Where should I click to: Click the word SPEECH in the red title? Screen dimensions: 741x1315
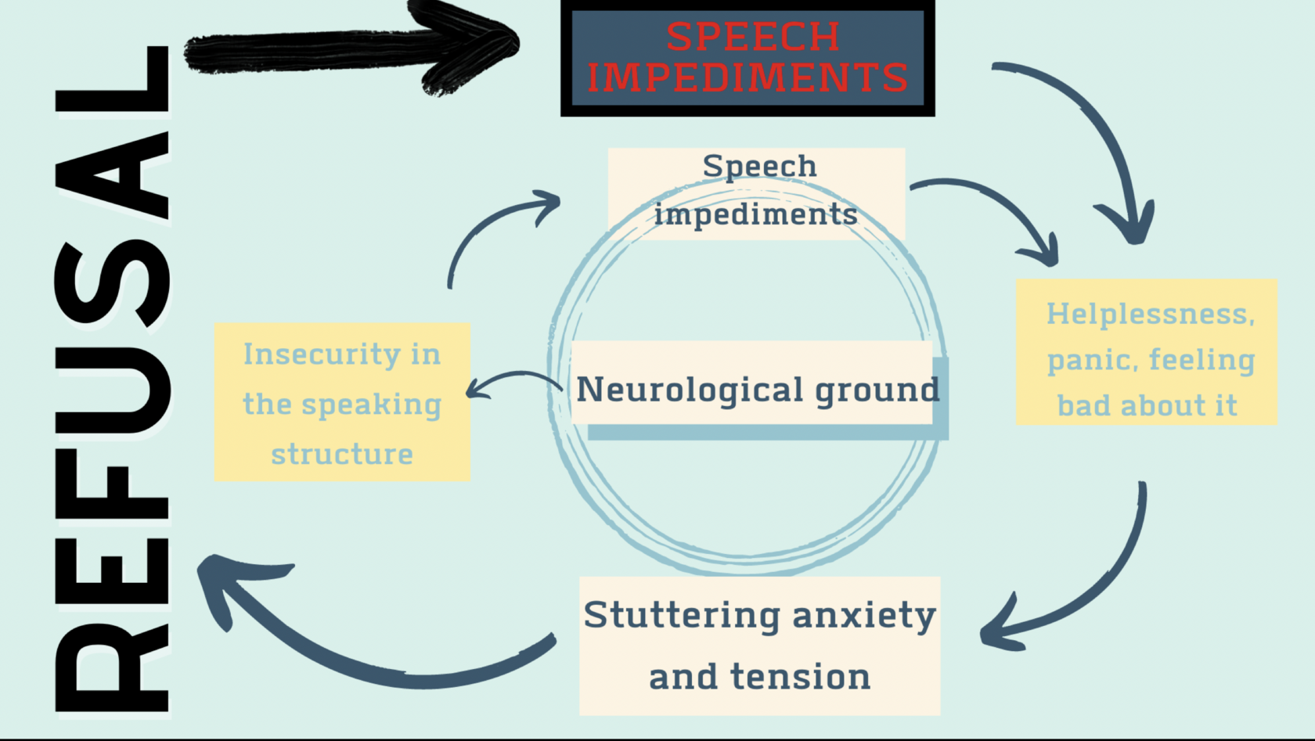tap(752, 37)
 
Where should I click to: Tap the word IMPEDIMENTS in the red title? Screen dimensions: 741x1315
tap(748, 78)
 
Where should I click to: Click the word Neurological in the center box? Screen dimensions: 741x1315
tap(690, 389)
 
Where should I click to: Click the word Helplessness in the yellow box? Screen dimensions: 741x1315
tap(1149, 315)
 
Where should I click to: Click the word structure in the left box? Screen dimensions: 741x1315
tap(342, 454)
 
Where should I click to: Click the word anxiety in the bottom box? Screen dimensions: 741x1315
tap(864, 616)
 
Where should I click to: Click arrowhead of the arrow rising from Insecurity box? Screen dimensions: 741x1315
tap(548, 203)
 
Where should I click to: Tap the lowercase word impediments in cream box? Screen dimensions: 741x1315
tap(755, 214)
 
